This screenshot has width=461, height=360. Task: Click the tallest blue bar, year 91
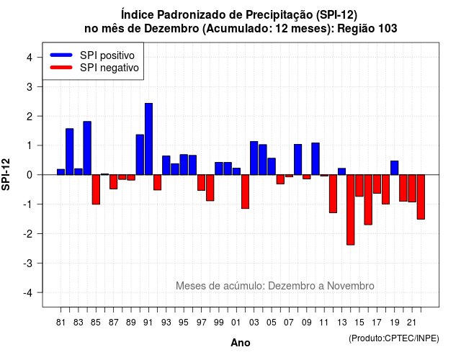click(x=149, y=139)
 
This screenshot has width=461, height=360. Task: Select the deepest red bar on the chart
click(x=351, y=210)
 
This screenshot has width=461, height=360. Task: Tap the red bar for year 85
click(x=96, y=189)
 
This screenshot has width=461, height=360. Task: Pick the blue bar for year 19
click(x=394, y=168)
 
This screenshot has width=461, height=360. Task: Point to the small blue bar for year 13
click(x=341, y=171)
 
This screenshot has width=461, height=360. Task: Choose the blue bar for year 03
click(x=254, y=158)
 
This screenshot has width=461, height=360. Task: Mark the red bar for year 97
click(x=201, y=182)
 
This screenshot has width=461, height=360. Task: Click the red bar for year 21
click(x=412, y=189)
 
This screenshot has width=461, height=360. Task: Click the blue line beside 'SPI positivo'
click(x=61, y=55)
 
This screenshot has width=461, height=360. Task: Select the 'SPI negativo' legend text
click(x=109, y=68)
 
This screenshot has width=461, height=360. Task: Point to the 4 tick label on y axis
click(x=30, y=58)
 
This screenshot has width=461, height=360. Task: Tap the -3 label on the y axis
click(x=28, y=263)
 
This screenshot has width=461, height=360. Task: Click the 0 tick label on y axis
click(x=30, y=175)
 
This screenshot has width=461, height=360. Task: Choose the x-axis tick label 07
click(x=289, y=323)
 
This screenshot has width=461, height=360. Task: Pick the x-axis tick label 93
click(x=166, y=323)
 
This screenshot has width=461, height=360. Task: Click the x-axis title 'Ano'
click(x=241, y=343)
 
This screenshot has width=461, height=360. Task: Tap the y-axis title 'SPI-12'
click(x=6, y=174)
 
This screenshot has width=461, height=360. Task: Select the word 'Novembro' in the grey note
click(x=351, y=286)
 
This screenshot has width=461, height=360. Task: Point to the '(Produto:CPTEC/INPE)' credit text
click(x=394, y=338)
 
